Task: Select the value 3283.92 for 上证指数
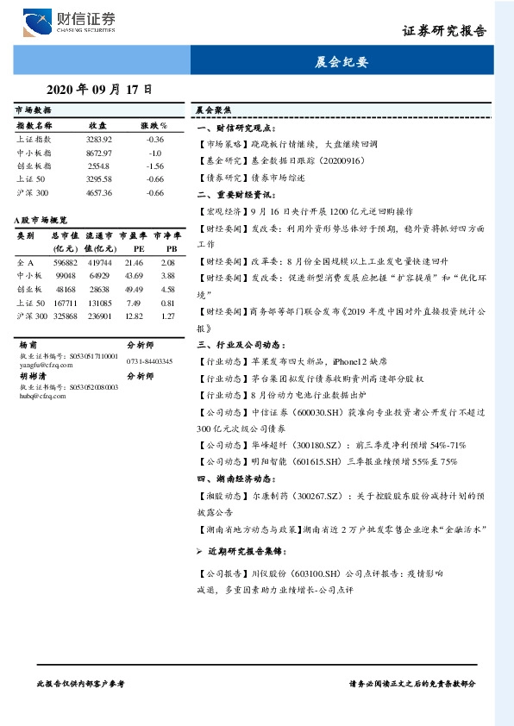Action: coord(98,139)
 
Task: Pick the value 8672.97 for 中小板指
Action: coord(98,152)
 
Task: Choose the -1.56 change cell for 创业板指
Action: coord(154,166)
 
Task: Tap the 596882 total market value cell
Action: coord(65,261)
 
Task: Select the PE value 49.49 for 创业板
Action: coord(133,289)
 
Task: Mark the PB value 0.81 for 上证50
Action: coord(167,303)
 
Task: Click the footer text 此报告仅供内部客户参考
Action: coord(82,682)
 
